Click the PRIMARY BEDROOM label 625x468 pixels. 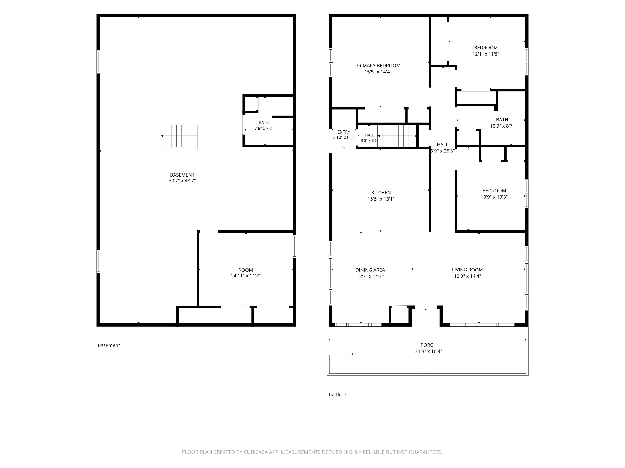click(x=378, y=66)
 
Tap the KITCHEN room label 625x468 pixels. click(x=381, y=193)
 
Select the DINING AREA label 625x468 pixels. click(x=370, y=270)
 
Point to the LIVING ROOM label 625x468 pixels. click(x=467, y=270)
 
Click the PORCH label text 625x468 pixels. click(x=429, y=345)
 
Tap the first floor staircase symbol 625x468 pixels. click(x=397, y=136)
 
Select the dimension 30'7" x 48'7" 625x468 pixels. click(x=182, y=181)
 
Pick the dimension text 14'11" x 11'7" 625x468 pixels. click(x=246, y=276)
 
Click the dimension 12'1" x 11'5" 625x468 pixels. click(x=486, y=54)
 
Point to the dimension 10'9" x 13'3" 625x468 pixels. click(x=494, y=197)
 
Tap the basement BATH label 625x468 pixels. click(x=264, y=123)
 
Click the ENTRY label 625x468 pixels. click(x=344, y=132)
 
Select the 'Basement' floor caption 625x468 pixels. click(x=109, y=345)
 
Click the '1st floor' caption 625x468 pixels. click(x=337, y=395)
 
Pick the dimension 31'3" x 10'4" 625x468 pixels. click(x=428, y=352)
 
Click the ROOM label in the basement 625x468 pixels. click(x=246, y=270)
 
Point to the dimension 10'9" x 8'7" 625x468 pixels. click(x=502, y=126)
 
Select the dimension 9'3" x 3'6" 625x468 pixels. click(x=369, y=140)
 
